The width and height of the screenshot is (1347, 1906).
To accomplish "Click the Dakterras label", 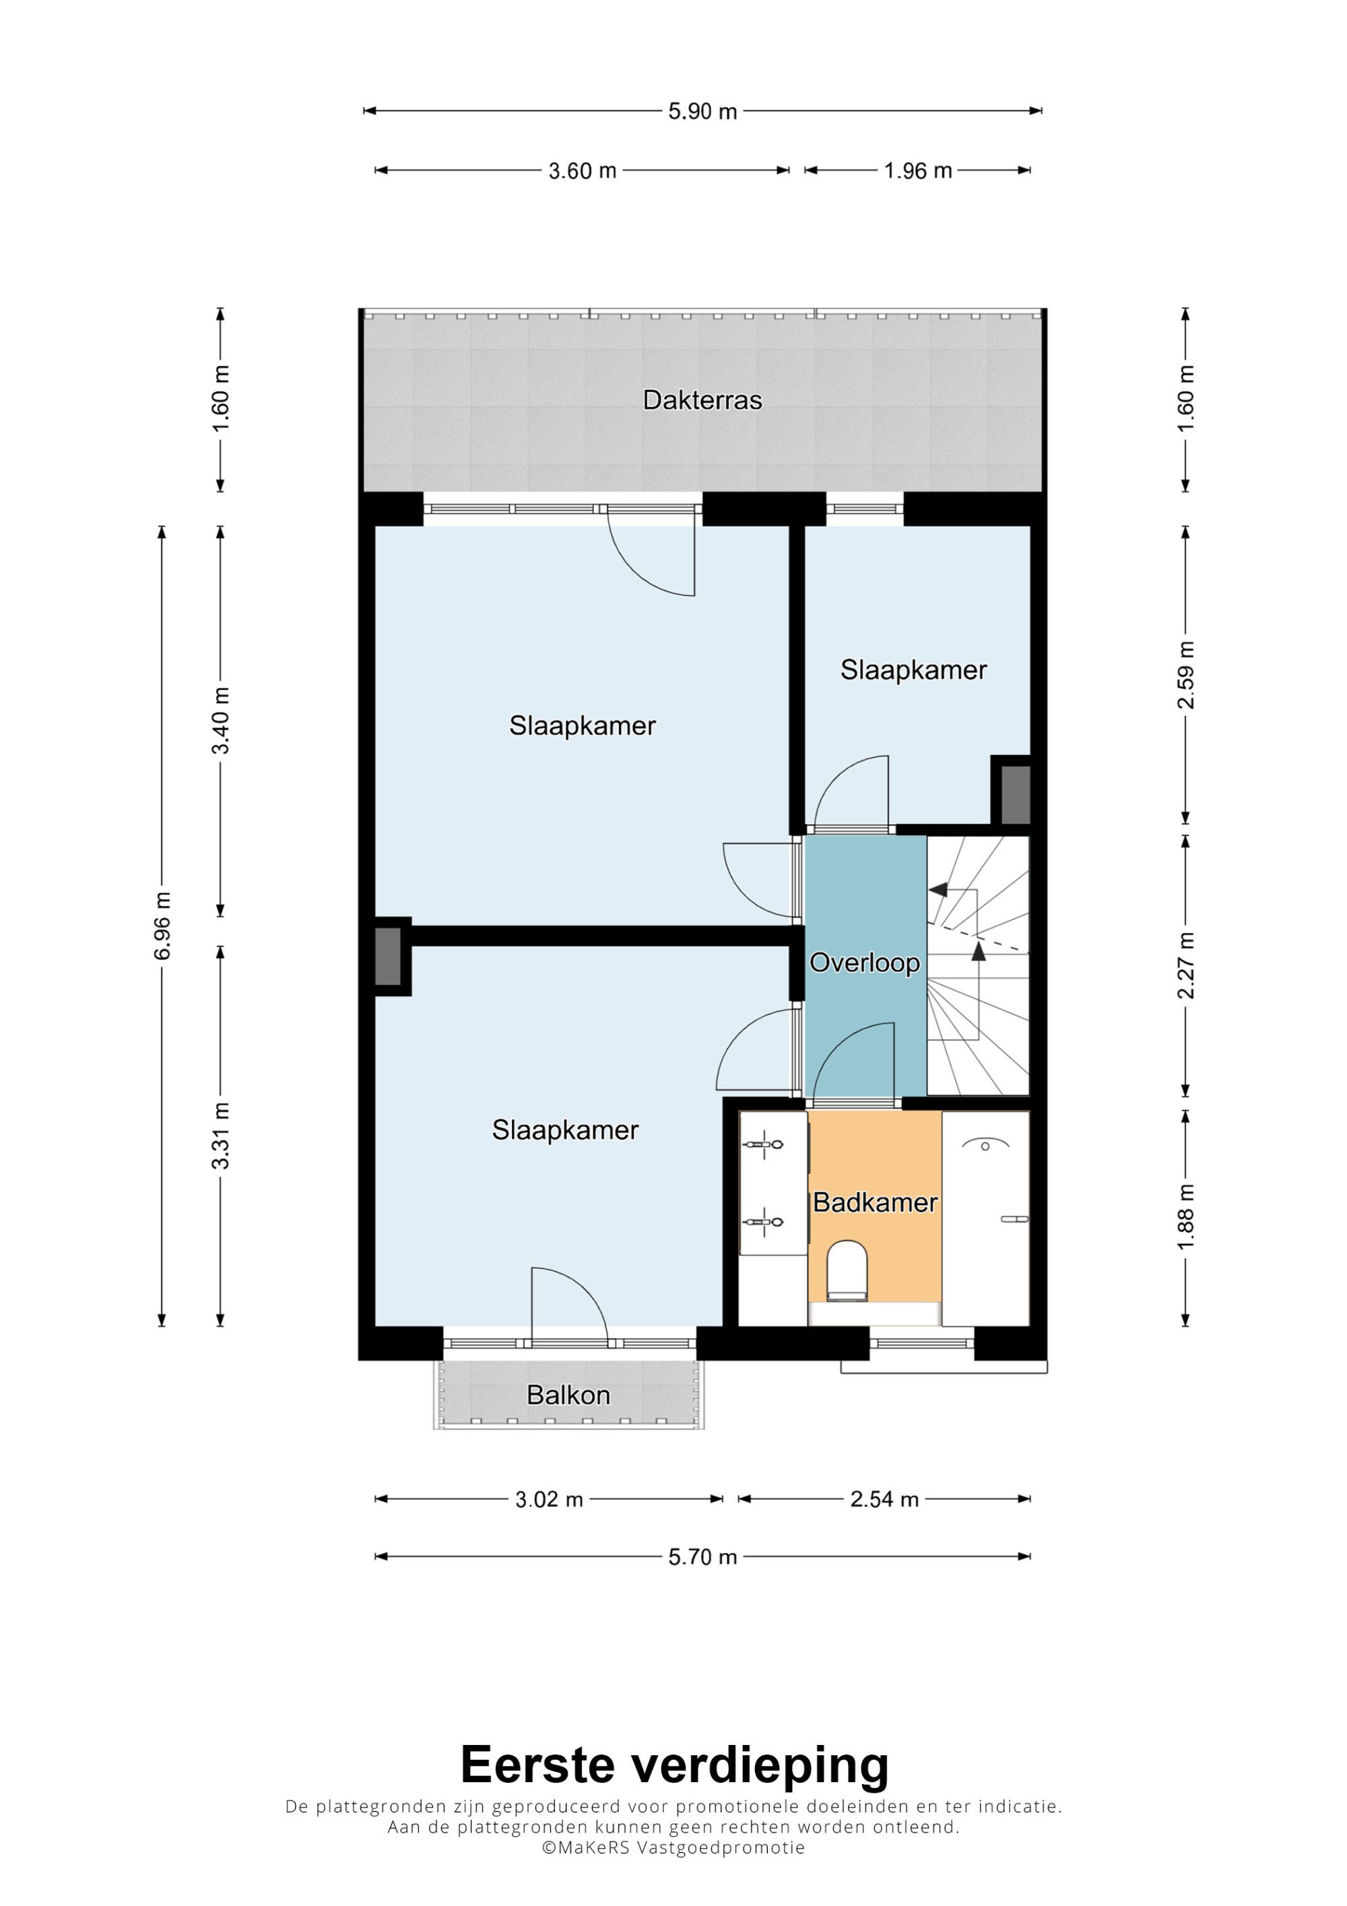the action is (x=702, y=400).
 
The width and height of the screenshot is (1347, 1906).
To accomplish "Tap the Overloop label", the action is (x=864, y=963).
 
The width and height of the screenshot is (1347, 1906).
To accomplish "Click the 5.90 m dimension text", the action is (x=703, y=111).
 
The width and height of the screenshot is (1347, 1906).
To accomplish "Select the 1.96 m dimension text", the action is (x=918, y=171).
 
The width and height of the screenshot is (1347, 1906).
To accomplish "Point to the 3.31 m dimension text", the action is (x=221, y=1135).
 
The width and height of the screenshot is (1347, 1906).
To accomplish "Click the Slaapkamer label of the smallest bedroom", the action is (x=914, y=670).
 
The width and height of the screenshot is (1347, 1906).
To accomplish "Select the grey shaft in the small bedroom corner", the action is (x=1016, y=795).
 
